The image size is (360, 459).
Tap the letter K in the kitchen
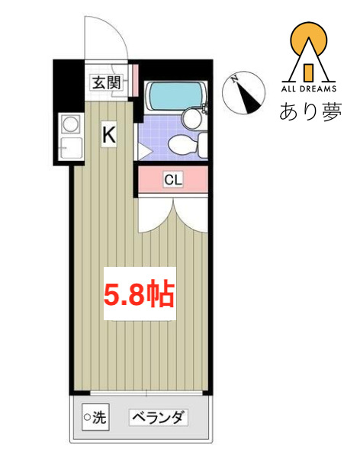pyautogui.click(x=110, y=136)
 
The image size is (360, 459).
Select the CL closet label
pyautogui.click(x=173, y=180)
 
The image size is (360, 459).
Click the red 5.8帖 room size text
pyautogui.click(x=140, y=294)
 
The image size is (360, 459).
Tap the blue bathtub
pyautogui.click(x=175, y=96)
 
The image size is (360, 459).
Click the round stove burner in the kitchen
pyautogui.click(x=71, y=122)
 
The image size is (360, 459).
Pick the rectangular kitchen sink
pyautogui.click(x=70, y=147)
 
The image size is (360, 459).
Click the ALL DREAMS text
pyautogui.click(x=309, y=86)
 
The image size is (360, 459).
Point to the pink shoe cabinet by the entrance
pyautogui.click(x=134, y=79)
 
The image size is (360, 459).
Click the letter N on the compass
pyautogui.click(x=237, y=79)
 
